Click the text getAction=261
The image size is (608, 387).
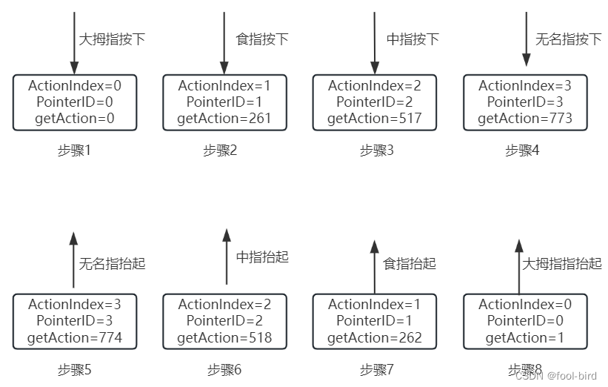224,119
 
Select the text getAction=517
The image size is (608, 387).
374,119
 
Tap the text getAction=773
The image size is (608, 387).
524,119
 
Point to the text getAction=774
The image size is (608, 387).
74,338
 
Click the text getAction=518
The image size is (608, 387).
224,338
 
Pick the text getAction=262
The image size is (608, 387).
374,338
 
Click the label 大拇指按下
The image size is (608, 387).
111,39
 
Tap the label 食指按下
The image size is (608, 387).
262,39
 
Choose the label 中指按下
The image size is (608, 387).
412,39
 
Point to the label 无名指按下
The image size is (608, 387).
568,39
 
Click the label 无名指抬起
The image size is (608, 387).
112,263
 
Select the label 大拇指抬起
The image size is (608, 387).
562,263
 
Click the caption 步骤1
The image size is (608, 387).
74,150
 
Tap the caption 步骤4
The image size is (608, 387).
522,150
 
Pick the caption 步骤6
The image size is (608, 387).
224,369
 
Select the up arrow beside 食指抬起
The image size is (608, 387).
374,266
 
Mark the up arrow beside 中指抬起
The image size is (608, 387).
227,257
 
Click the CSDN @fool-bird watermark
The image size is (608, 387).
557,375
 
